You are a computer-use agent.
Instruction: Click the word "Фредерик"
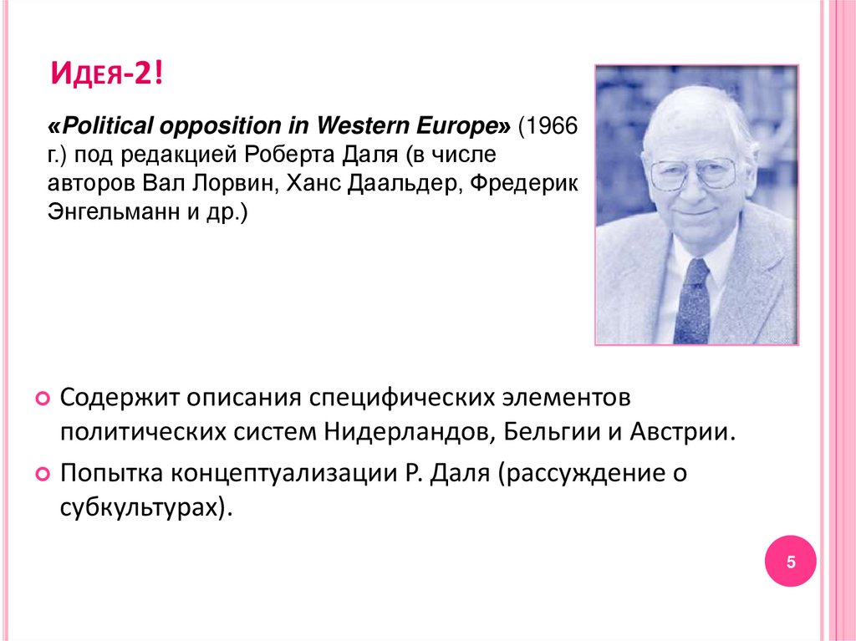523,184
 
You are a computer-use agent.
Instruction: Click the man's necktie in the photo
693,301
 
